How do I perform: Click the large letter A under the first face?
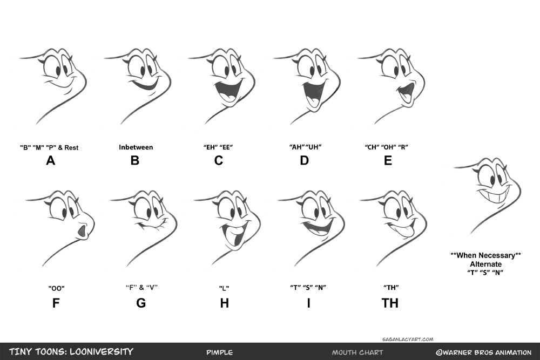click(x=51, y=160)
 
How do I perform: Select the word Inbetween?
click(x=136, y=147)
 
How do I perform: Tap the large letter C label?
click(x=219, y=160)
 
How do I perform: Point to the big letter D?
click(x=305, y=160)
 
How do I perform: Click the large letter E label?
click(x=388, y=160)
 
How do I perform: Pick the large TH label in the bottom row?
click(x=390, y=303)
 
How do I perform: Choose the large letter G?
click(x=141, y=303)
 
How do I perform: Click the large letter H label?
click(x=225, y=303)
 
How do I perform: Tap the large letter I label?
click(x=308, y=303)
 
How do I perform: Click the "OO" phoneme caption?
click(x=57, y=288)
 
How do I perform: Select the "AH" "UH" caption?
click(x=305, y=147)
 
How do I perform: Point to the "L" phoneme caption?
click(x=224, y=288)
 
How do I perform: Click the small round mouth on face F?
click(x=82, y=232)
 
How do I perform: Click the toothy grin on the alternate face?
click(x=494, y=194)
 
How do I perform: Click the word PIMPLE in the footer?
click(x=220, y=352)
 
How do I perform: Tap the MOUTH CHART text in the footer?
click(x=357, y=352)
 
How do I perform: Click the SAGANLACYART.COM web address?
click(x=408, y=339)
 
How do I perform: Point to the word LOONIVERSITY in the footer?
click(x=102, y=352)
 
